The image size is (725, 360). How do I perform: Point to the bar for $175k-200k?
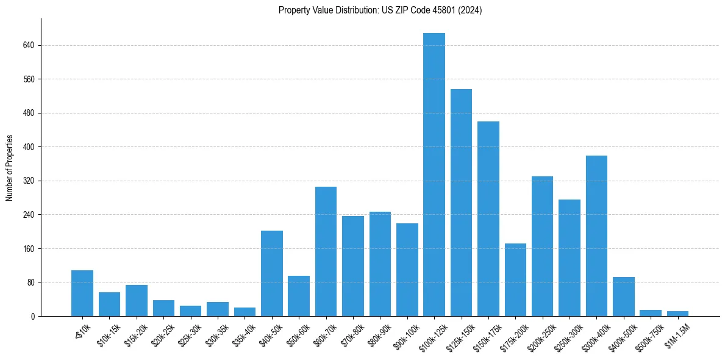pyautogui.click(x=515, y=280)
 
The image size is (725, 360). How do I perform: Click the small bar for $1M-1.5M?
pyautogui.click(x=677, y=314)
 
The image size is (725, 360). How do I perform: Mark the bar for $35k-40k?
pyautogui.click(x=245, y=312)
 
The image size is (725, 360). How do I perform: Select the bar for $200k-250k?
pyautogui.click(x=542, y=247)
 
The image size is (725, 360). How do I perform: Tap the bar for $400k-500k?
pyautogui.click(x=624, y=297)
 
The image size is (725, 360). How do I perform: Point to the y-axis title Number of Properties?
pyautogui.click(x=9, y=168)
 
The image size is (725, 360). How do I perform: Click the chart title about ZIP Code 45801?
pyautogui.click(x=380, y=10)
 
